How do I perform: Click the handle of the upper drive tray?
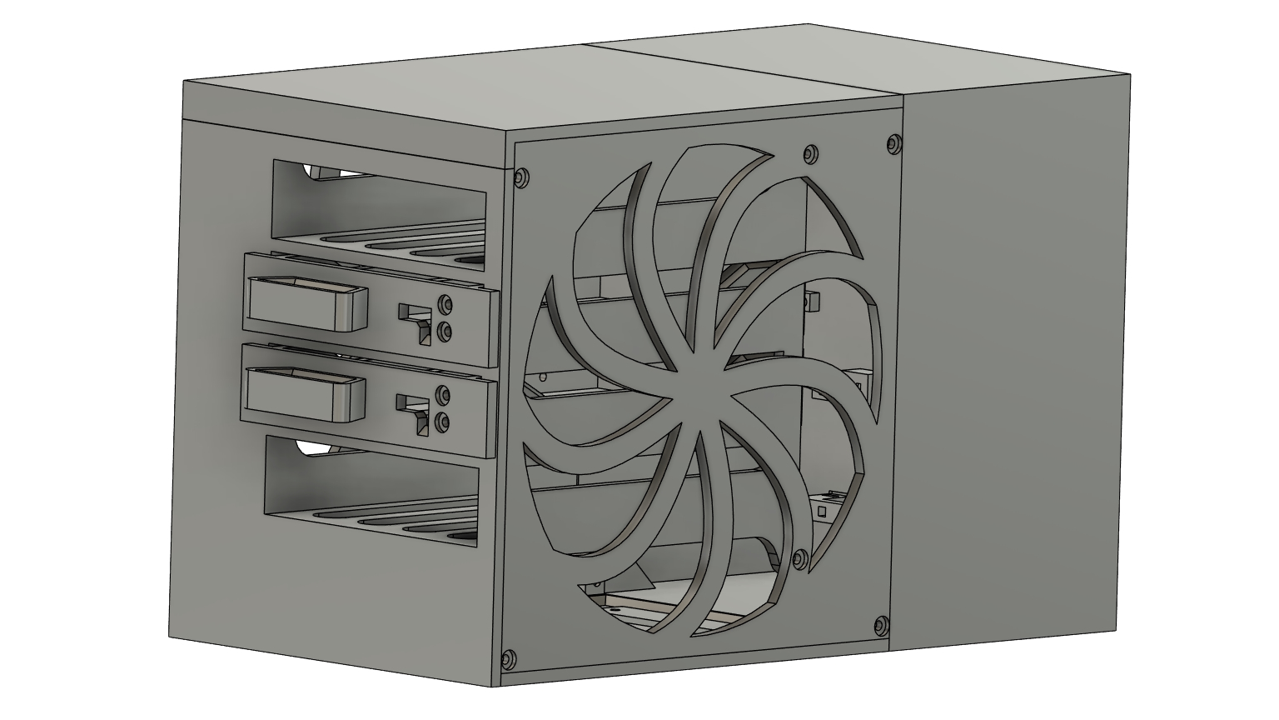pyautogui.click(x=307, y=306)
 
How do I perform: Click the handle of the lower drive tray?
pyautogui.click(x=307, y=395)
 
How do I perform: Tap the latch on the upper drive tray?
pyautogui.click(x=416, y=317)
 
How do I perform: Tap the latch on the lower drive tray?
pyautogui.click(x=416, y=408)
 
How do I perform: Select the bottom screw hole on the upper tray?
pyautogui.click(x=445, y=332)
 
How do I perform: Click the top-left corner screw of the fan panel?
pyautogui.click(x=522, y=177)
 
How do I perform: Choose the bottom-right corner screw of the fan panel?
pyautogui.click(x=881, y=625)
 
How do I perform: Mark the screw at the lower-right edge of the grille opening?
pyautogui.click(x=801, y=557)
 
